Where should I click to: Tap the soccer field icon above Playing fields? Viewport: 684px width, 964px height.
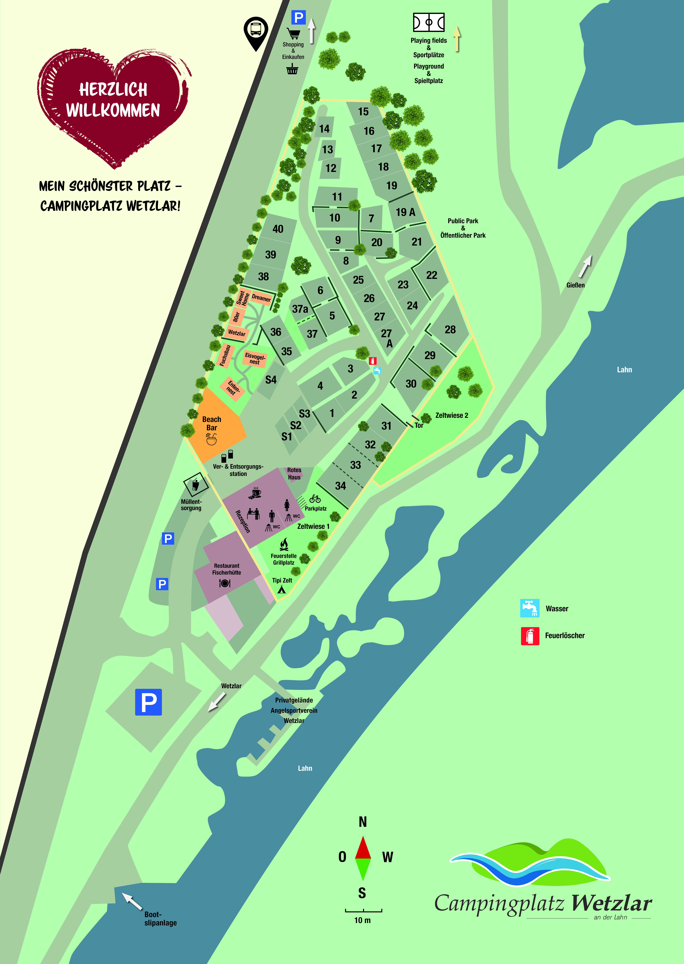tap(429, 22)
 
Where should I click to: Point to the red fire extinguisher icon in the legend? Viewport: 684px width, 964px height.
tap(530, 636)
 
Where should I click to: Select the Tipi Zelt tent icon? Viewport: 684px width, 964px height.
tap(281, 589)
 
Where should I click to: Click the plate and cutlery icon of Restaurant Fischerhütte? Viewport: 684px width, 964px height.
tap(225, 583)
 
